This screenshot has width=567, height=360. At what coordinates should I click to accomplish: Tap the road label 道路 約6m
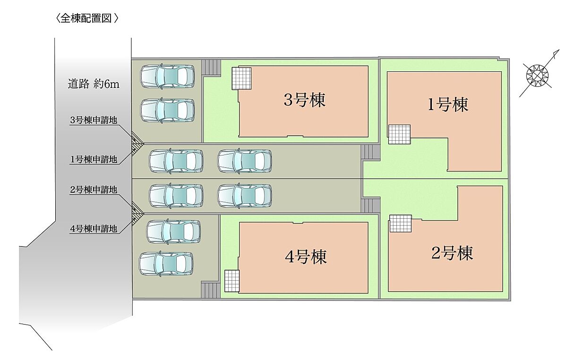coord(93,85)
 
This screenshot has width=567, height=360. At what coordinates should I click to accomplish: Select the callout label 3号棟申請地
coord(93,120)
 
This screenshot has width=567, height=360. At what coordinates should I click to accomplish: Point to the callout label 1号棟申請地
coord(93,160)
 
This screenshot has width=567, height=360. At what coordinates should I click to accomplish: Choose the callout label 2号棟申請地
coord(93,190)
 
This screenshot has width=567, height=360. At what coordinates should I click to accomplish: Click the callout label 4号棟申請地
coord(93,230)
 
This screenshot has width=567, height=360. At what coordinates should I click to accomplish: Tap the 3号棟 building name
coord(305,100)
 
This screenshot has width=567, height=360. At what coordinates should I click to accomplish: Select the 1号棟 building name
coord(447,104)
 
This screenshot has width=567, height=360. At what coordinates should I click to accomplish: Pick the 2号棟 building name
coord(452,254)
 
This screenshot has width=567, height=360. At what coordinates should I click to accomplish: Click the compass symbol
coord(538,75)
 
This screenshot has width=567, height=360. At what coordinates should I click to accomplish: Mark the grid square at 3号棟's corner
coord(241,78)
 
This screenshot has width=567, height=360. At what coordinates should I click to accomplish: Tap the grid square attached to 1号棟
coord(399,134)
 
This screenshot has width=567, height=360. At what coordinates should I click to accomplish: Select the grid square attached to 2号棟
coord(401,223)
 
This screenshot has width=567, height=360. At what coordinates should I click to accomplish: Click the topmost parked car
coord(168,76)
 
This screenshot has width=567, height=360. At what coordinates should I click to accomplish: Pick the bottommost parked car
coord(166,264)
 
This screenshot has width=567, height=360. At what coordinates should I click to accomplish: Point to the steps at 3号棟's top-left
coord(211,67)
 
